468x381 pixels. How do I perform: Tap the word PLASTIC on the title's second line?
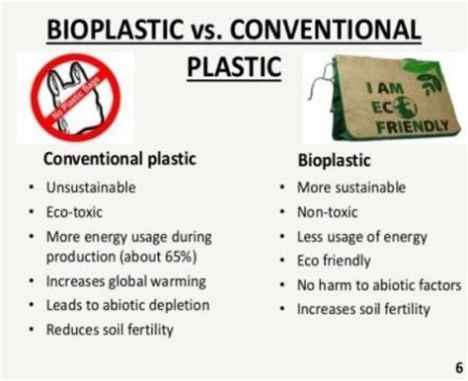coord(234,67)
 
